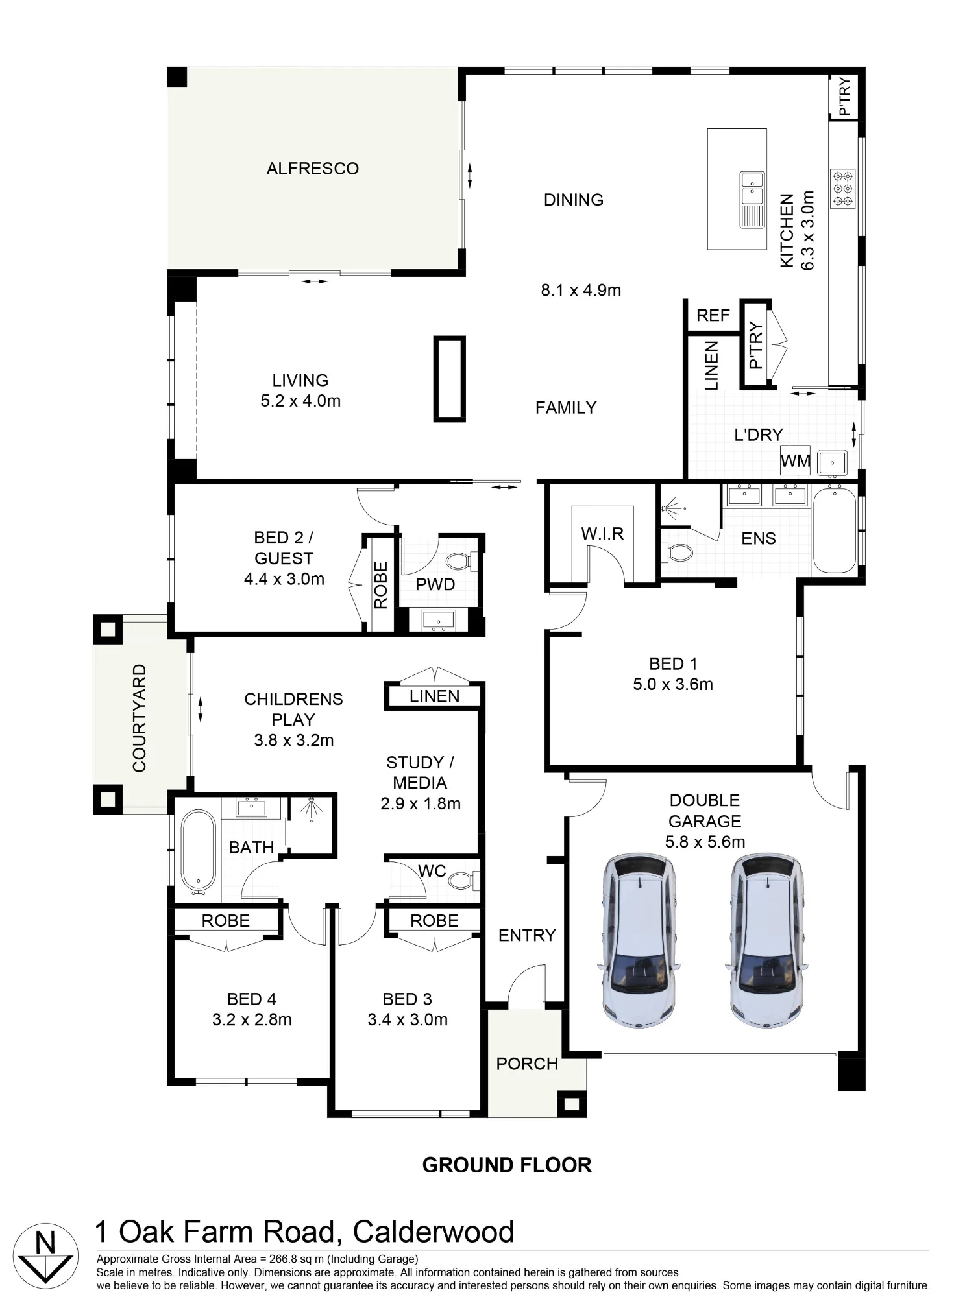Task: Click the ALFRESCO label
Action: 312,169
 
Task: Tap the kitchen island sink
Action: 752,200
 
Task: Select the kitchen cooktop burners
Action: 842,188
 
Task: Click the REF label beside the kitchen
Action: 713,315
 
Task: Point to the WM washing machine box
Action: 795,460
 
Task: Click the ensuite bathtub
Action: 835,530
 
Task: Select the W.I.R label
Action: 602,534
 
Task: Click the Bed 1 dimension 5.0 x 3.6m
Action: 673,684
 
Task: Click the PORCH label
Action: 527,1064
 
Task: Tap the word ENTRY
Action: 527,935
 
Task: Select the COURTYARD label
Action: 140,718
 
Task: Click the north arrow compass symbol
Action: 45,1255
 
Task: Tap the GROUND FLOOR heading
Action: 507,1165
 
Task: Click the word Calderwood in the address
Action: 434,1232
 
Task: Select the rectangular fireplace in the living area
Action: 450,379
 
